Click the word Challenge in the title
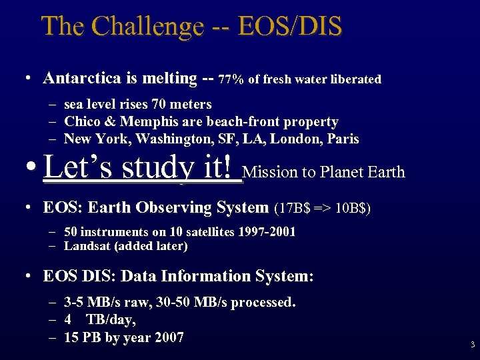click(147, 27)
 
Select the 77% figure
click(231, 79)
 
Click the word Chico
click(81, 121)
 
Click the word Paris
click(344, 139)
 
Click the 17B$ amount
click(293, 208)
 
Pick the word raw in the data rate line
click(138, 303)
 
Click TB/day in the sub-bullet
click(105, 320)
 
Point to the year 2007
click(169, 337)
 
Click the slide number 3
click(472, 345)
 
